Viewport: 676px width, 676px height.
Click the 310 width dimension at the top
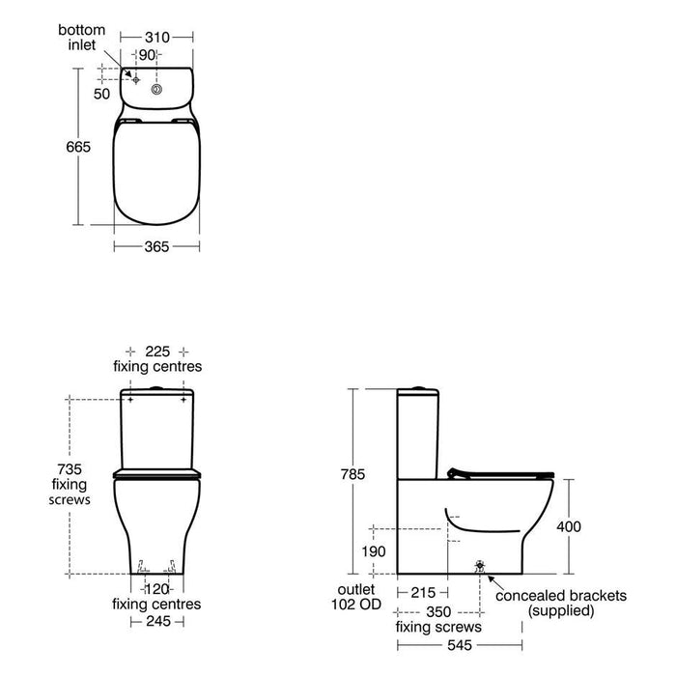click(x=157, y=37)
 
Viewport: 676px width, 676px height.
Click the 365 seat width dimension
click(x=156, y=247)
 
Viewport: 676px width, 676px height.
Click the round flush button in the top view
click(x=156, y=89)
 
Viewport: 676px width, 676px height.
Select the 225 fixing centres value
click(x=156, y=352)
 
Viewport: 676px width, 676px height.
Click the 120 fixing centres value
click(x=156, y=588)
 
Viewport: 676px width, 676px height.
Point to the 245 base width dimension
click(x=156, y=622)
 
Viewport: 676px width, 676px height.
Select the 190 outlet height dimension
click(x=373, y=550)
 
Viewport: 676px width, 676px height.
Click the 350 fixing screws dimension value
click(x=439, y=611)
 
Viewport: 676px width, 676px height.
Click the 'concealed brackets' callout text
click(x=560, y=595)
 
